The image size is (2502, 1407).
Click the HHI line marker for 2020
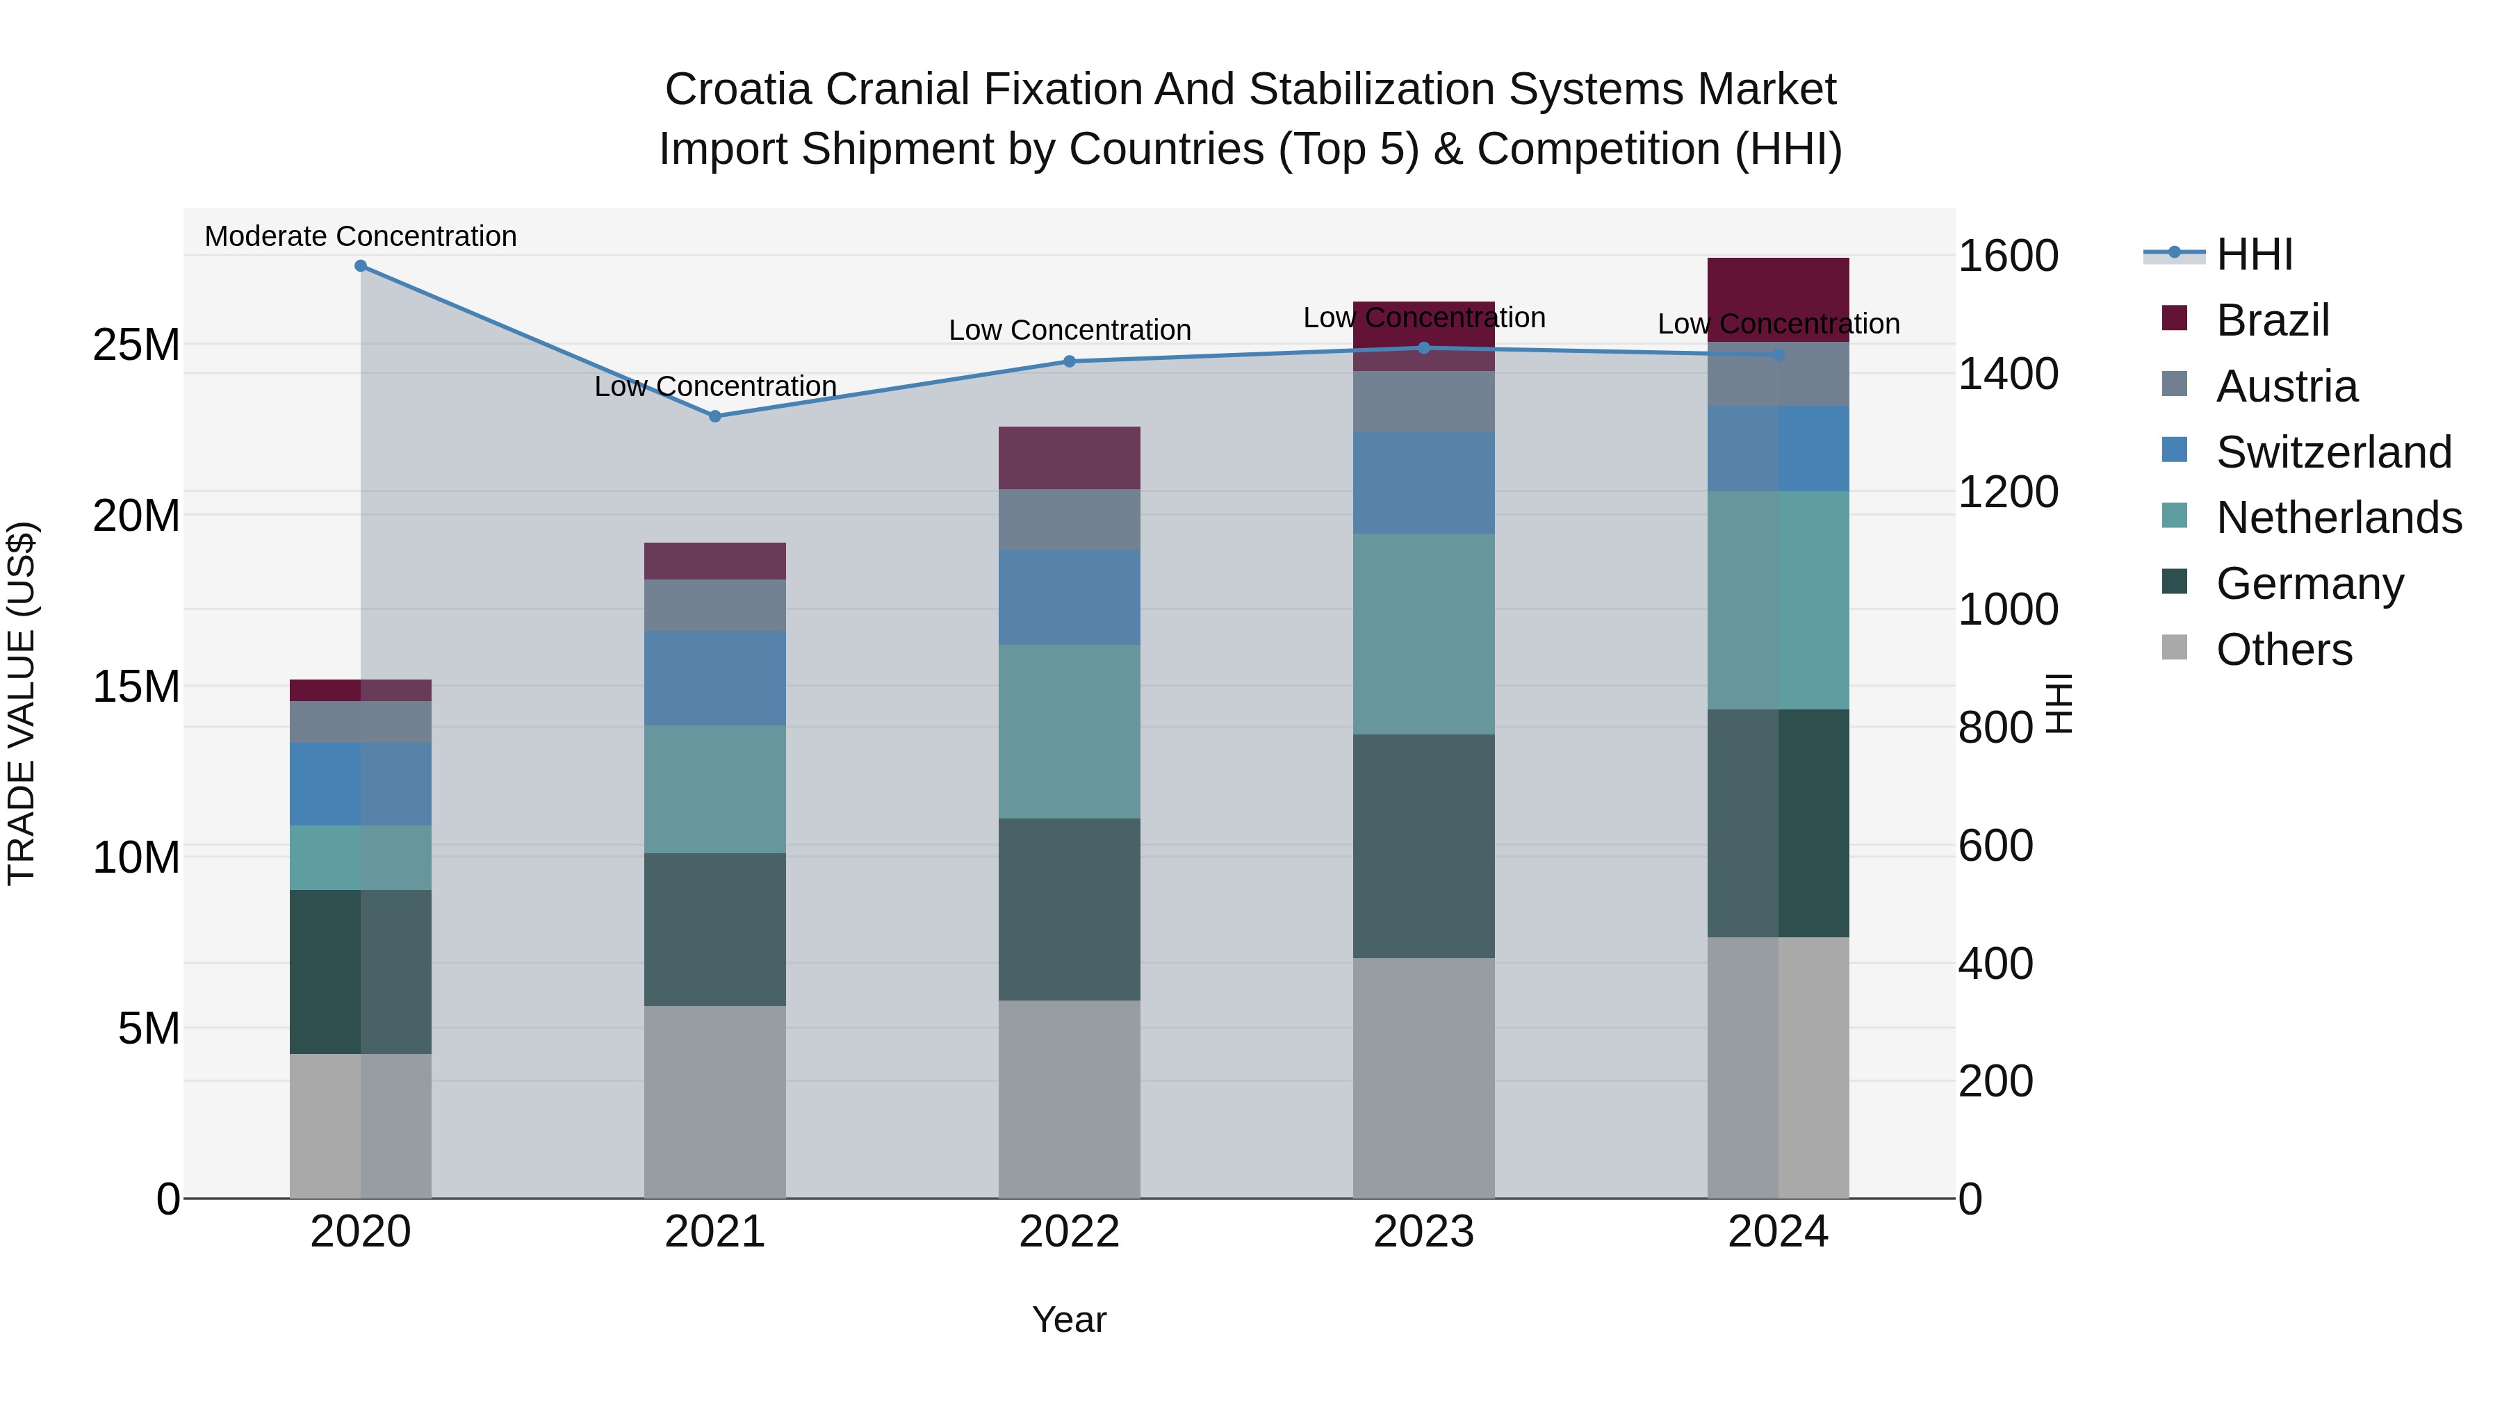point(360,265)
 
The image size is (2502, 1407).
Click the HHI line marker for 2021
point(715,415)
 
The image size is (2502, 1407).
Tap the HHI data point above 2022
point(1070,361)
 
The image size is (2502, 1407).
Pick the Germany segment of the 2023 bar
point(1424,846)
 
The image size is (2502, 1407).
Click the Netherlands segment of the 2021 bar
point(715,789)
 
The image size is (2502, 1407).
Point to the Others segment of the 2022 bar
point(1070,1099)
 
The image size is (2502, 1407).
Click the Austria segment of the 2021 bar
point(715,605)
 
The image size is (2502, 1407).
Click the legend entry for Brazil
point(2272,320)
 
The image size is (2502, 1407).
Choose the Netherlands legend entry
point(2338,518)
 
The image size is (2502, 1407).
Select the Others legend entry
point(2284,650)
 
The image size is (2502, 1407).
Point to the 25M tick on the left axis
point(136,345)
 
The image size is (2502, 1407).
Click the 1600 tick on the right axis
point(2008,256)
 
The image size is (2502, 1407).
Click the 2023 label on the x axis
point(1424,1232)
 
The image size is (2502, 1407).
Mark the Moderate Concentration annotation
point(360,236)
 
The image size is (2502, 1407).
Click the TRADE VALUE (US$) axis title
point(22,703)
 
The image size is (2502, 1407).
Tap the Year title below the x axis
point(1070,1319)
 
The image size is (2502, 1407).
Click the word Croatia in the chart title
point(737,90)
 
